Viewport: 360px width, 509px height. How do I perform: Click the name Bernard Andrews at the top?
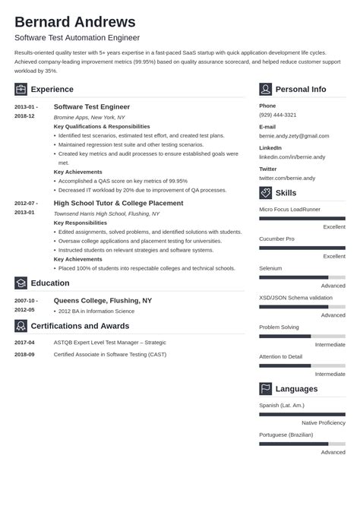(74, 21)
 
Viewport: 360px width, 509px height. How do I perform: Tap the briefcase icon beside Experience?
(21, 89)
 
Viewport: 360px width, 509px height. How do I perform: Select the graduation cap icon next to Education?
(21, 283)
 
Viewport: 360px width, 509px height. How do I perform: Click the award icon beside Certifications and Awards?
(21, 326)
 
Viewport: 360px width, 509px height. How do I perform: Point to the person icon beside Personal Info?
(265, 89)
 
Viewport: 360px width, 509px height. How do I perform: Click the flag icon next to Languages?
(265, 389)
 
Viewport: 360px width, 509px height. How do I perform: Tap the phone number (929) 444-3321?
(277, 115)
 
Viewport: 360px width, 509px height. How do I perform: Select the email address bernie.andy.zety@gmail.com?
(295, 135)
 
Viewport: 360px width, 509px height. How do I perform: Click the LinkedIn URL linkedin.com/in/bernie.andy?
(292, 156)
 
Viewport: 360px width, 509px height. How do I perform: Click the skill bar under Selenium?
(302, 277)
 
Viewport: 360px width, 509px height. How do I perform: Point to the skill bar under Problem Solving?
(302, 336)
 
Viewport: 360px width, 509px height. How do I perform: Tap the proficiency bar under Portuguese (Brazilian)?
(302, 444)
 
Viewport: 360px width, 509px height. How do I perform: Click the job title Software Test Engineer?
(92, 107)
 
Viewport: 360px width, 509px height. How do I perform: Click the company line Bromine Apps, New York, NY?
(88, 117)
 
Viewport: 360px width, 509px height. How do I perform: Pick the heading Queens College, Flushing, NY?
(103, 300)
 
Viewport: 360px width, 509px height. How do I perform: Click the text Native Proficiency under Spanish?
(324, 422)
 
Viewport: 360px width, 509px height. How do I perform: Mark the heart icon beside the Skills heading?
(265, 193)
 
